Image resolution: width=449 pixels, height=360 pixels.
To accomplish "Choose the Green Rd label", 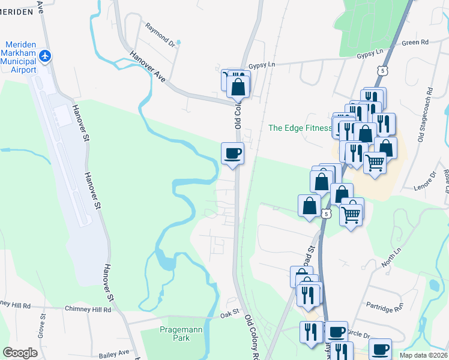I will click(x=415, y=43).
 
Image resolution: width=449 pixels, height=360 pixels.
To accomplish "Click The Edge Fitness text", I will click(x=300, y=128).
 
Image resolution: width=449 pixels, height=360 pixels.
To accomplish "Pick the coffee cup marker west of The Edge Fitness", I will click(x=232, y=154).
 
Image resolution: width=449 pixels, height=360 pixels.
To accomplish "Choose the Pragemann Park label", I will click(x=175, y=334).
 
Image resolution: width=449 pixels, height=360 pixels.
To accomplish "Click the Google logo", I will click(x=20, y=353).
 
